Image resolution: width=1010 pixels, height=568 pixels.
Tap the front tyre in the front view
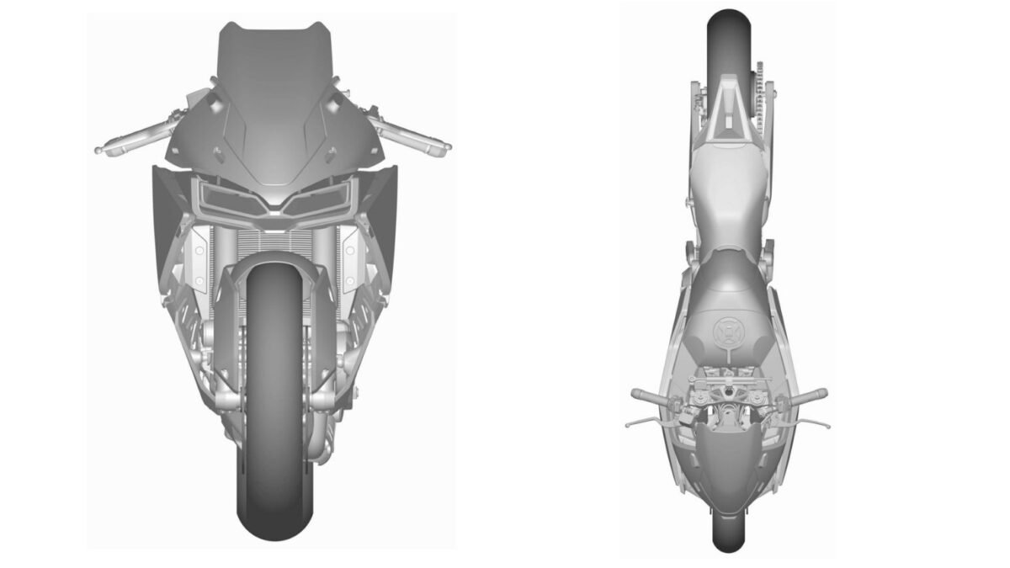[x=271, y=421]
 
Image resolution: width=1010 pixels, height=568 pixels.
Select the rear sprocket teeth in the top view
[x=762, y=80]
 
